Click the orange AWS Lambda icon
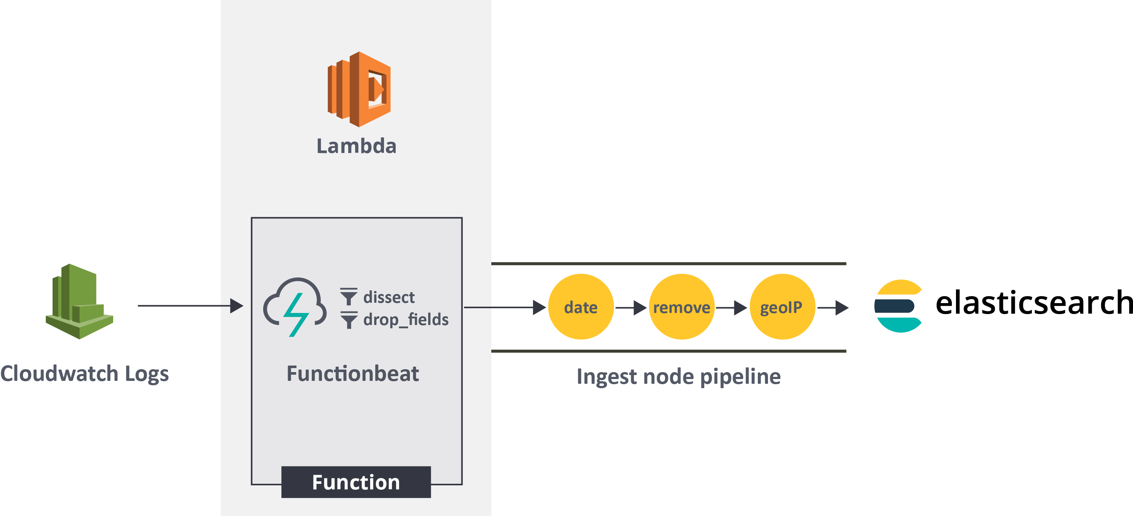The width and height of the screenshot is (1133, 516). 359,89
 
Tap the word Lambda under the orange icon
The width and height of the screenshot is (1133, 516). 356,146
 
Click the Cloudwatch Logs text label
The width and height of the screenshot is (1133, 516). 84,374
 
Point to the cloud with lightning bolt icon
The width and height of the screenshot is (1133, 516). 295,307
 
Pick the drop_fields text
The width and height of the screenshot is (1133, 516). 406,320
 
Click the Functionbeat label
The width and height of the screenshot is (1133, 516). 352,374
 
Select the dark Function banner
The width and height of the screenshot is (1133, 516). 356,482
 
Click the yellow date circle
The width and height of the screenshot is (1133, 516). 581,307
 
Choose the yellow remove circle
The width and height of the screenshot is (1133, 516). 681,307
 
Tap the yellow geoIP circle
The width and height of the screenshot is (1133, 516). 782,307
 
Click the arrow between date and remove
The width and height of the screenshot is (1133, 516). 631,307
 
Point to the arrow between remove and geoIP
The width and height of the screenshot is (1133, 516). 731,307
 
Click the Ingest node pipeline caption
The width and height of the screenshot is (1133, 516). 678,377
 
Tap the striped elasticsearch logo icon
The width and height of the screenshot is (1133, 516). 898,306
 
